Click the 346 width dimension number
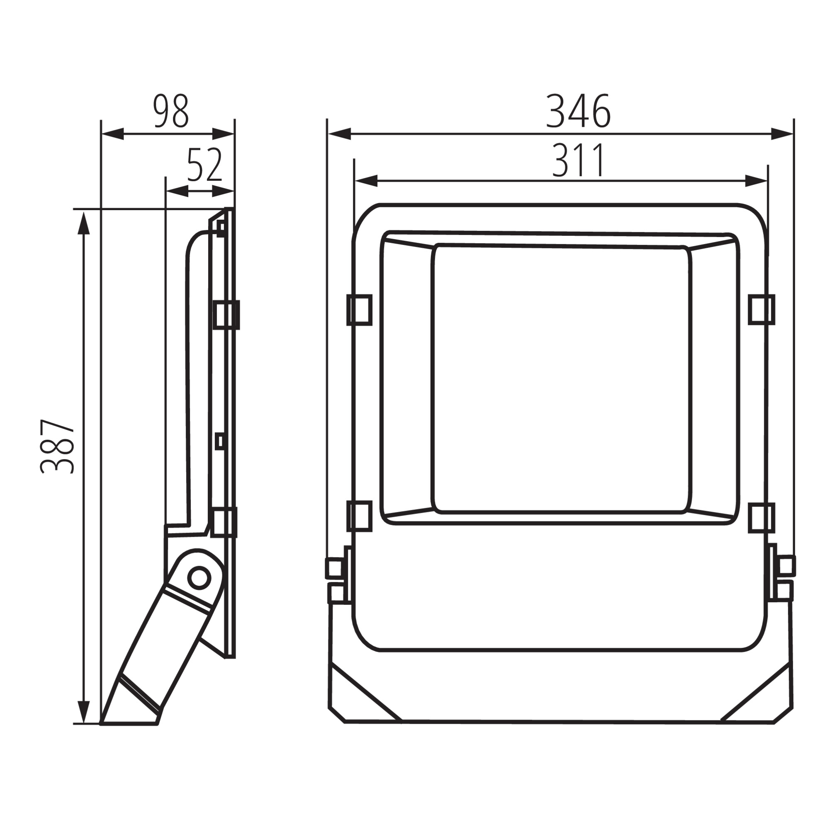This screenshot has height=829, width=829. click(577, 111)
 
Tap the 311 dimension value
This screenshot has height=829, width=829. click(578, 160)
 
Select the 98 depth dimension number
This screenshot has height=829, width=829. click(171, 111)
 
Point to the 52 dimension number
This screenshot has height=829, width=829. click(205, 165)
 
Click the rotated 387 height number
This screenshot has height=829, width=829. click(58, 446)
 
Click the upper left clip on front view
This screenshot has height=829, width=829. click(359, 310)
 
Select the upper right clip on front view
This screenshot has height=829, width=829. click(761, 309)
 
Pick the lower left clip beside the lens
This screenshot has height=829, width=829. click(359, 516)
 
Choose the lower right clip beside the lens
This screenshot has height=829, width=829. click(761, 518)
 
